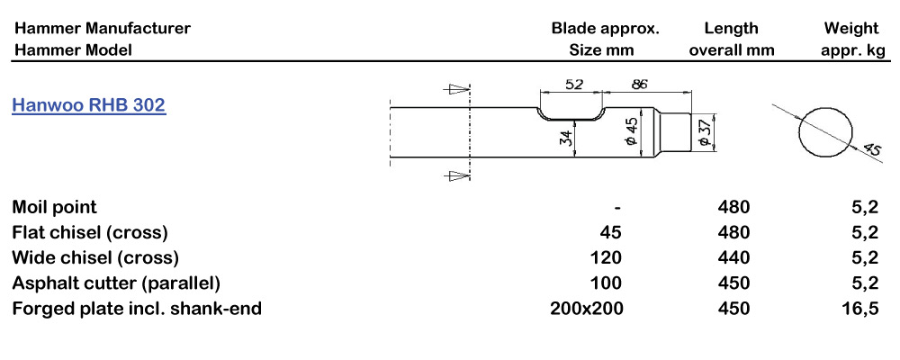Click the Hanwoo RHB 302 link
88,105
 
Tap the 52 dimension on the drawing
573,84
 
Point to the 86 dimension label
641,84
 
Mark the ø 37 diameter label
705,132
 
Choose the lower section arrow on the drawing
458,175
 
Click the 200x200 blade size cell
586,309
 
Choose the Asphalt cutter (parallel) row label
116,283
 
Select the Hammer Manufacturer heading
102,28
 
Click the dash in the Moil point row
617,208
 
